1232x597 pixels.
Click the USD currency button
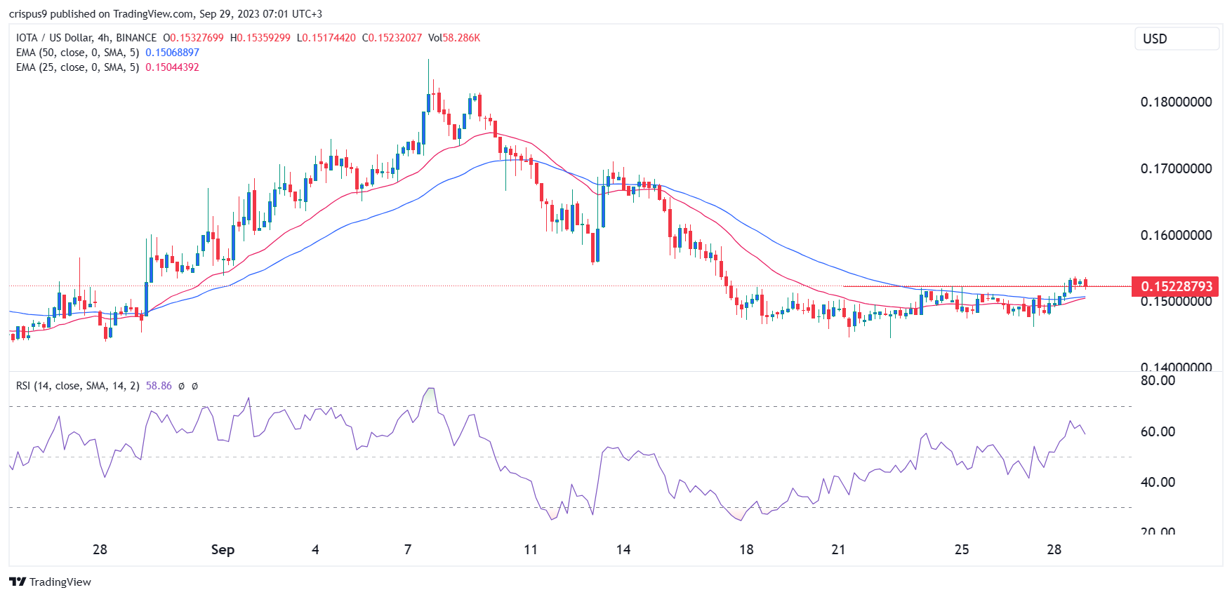coord(1176,39)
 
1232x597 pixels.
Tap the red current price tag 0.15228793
coord(1176,286)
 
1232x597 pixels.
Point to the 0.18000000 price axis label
coord(1176,102)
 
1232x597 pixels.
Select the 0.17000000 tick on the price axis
coord(1176,168)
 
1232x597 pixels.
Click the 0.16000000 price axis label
coord(1176,235)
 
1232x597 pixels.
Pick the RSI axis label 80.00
coord(1158,380)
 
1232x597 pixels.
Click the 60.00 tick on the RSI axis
coord(1158,431)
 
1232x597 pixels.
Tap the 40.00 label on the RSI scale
coord(1158,482)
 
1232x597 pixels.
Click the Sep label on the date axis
coord(223,549)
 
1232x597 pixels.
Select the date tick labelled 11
coord(531,549)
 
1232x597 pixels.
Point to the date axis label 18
coord(746,549)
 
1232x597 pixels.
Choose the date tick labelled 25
coord(962,549)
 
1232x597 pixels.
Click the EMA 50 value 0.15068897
coord(172,53)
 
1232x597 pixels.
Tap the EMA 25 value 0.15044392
coord(172,67)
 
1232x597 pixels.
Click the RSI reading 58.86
coord(159,386)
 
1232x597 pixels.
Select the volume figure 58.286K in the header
coord(461,38)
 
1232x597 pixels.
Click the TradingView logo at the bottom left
coord(51,582)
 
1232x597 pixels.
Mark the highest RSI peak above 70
coord(430,389)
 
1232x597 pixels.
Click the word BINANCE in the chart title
coord(136,38)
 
